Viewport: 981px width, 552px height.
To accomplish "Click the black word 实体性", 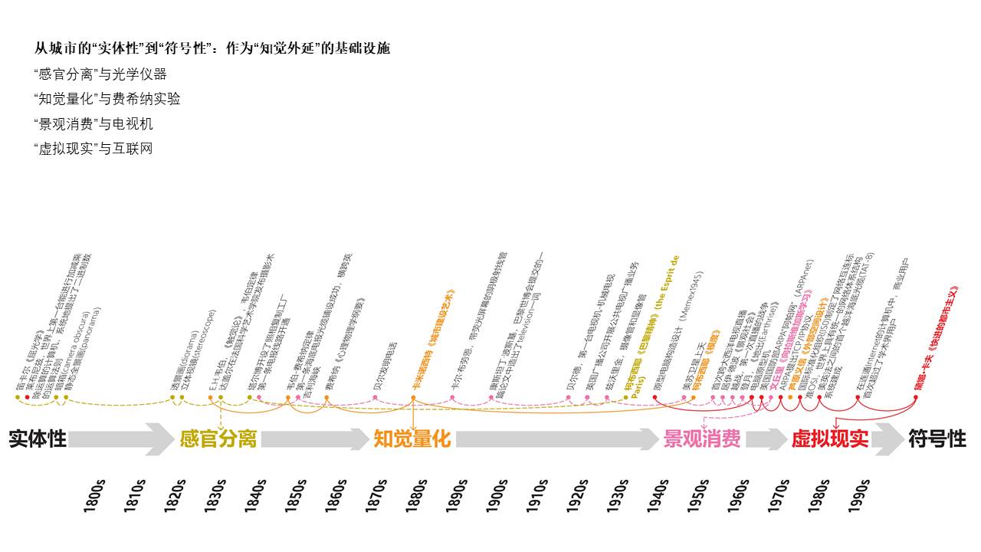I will [38, 439].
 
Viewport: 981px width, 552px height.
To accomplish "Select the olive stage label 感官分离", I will [218, 439].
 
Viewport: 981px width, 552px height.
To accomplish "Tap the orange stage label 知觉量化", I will [412, 439].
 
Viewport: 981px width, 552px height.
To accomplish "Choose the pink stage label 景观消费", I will [701, 439].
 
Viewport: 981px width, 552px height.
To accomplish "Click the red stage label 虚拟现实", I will [830, 439].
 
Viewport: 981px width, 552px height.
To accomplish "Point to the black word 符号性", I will [937, 439].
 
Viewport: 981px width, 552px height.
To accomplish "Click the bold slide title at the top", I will [212, 48].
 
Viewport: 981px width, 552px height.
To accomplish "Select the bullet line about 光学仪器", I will [100, 74].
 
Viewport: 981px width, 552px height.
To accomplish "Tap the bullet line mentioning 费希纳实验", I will [107, 99].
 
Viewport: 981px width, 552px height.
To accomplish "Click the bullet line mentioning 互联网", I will [94, 148].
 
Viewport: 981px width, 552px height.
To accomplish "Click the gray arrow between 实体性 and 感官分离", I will [123, 439].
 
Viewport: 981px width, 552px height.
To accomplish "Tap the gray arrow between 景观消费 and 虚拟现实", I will [766, 439].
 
